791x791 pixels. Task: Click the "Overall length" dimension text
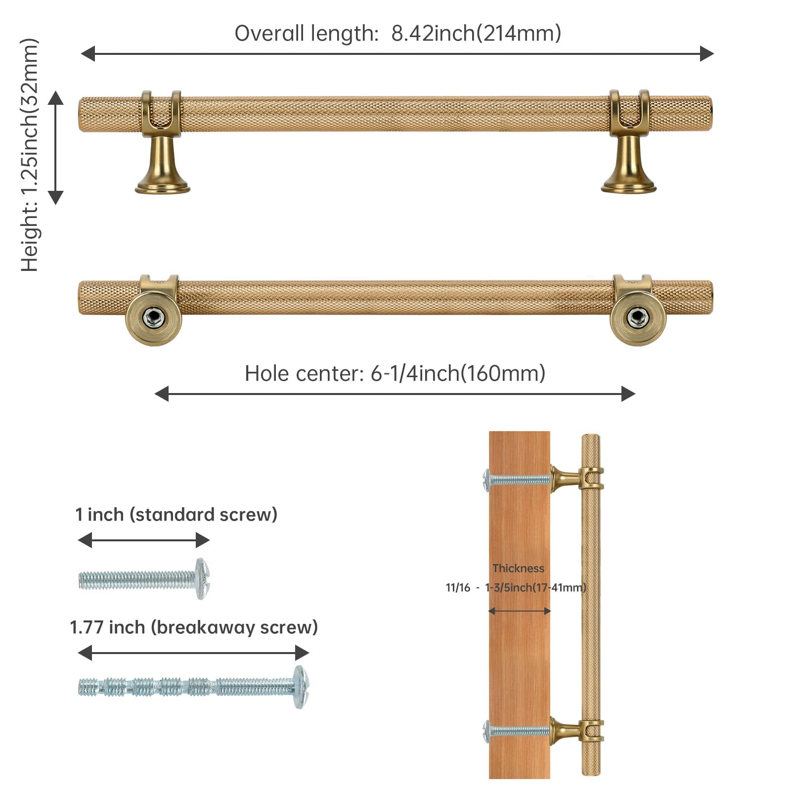point(397,34)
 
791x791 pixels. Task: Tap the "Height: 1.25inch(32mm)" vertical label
point(30,155)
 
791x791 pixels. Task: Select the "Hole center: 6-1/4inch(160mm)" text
point(395,374)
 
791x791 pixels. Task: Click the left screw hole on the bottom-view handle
point(153,317)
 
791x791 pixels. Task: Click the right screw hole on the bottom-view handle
point(637,317)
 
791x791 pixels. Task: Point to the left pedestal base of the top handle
point(163,187)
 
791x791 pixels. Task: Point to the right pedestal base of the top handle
point(628,187)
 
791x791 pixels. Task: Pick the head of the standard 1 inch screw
point(202,578)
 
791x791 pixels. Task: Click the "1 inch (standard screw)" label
point(176,515)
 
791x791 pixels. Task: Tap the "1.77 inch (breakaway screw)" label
point(193,627)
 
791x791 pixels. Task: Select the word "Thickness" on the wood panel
point(518,569)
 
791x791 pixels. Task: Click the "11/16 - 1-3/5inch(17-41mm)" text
point(516,587)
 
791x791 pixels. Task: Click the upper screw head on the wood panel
point(487,480)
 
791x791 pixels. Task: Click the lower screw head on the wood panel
point(487,731)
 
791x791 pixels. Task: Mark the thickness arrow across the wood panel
point(519,611)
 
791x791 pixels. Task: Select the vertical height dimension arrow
point(56,147)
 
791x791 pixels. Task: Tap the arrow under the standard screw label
point(144,540)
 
